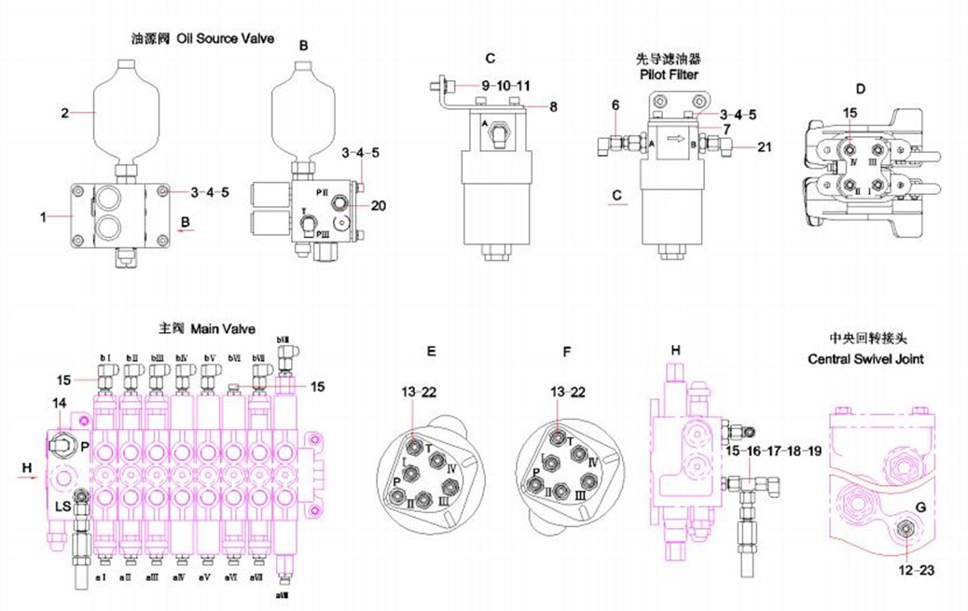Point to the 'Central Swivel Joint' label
pyautogui.click(x=864, y=359)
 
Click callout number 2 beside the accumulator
pyautogui.click(x=65, y=114)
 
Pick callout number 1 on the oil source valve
pyautogui.click(x=43, y=217)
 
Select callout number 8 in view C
pyautogui.click(x=553, y=107)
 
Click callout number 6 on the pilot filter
pyautogui.click(x=615, y=106)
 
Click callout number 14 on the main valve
pyautogui.click(x=60, y=402)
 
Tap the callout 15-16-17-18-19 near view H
pyautogui.click(x=774, y=451)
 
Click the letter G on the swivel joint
pyautogui.click(x=920, y=507)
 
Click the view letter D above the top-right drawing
pyautogui.click(x=860, y=90)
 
